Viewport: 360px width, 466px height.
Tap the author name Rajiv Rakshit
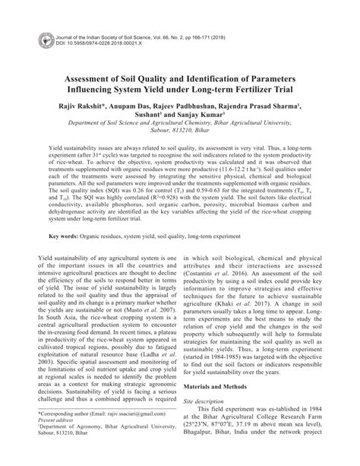(x=84, y=108)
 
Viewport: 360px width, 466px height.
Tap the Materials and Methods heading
(x=219, y=387)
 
